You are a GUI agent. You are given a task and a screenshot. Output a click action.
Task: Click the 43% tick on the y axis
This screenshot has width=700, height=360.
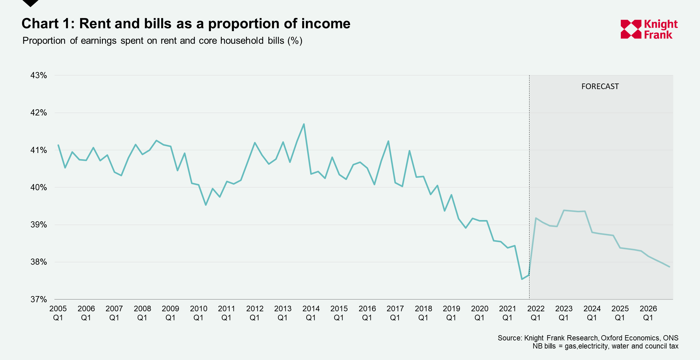(39, 75)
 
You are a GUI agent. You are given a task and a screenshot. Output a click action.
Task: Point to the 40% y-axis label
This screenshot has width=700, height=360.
(39, 187)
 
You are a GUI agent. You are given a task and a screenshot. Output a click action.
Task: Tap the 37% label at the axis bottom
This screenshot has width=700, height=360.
(39, 299)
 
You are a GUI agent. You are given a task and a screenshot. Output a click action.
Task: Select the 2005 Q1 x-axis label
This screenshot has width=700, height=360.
(58, 313)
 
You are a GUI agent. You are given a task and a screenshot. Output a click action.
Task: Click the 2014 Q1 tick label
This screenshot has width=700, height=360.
(311, 313)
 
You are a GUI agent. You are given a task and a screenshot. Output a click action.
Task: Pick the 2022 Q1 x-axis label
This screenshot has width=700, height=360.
(536, 313)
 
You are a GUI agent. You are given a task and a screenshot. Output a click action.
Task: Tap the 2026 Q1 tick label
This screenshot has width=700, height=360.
(648, 313)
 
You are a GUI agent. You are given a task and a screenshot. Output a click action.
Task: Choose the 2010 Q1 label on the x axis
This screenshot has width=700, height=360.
(198, 313)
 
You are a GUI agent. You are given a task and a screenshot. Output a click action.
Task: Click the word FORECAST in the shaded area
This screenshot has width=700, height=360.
(600, 87)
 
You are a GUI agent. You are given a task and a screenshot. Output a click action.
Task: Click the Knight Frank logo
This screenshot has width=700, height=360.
(649, 29)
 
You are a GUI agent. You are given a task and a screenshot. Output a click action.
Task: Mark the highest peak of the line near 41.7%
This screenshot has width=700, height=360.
(304, 124)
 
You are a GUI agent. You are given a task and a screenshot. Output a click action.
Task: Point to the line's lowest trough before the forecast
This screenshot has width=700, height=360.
(522, 279)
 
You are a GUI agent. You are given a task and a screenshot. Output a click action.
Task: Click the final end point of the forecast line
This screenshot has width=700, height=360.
(669, 267)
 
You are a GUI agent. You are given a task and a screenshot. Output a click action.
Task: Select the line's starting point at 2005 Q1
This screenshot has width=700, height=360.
(58, 145)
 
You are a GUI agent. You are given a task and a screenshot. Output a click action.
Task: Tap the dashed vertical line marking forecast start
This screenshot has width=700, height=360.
(529, 186)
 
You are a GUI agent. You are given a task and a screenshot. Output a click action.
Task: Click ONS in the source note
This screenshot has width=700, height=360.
(670, 338)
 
